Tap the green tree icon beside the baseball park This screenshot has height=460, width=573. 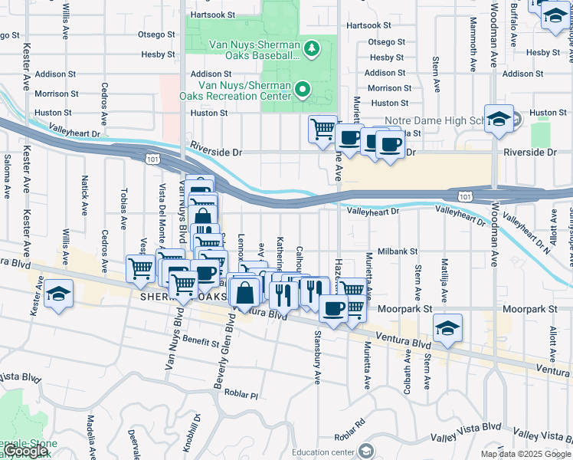(311, 50)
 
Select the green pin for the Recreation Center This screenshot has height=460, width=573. (302, 90)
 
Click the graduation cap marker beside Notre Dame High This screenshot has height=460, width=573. (499, 119)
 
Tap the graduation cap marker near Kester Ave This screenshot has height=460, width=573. (58, 295)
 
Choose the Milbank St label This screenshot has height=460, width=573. (397, 251)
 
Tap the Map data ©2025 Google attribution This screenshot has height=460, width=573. (526, 454)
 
